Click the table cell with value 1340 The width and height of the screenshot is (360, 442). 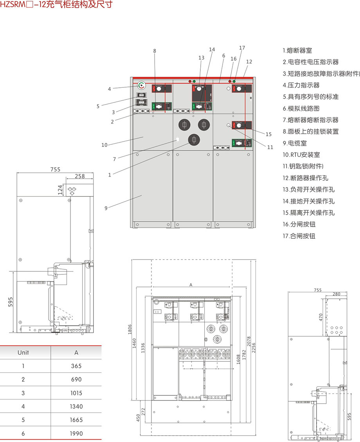pyautogui.click(x=76, y=406)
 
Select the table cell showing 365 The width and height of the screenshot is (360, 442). pyautogui.click(x=76, y=366)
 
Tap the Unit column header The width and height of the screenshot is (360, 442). pyautogui.click(x=23, y=352)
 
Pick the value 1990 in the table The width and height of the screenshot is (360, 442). pyautogui.click(x=76, y=433)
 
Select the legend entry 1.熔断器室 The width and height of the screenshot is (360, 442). pyautogui.click(x=297, y=51)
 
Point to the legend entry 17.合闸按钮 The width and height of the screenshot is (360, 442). pyautogui.click(x=299, y=236)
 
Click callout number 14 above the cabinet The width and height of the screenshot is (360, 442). pyautogui.click(x=212, y=50)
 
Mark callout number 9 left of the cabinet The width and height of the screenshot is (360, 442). pyautogui.click(x=106, y=208)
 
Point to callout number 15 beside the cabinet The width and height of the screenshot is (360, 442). pyautogui.click(x=268, y=134)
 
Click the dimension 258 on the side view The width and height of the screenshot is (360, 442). pyautogui.click(x=79, y=177)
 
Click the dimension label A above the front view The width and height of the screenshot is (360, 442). pyautogui.click(x=191, y=285)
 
